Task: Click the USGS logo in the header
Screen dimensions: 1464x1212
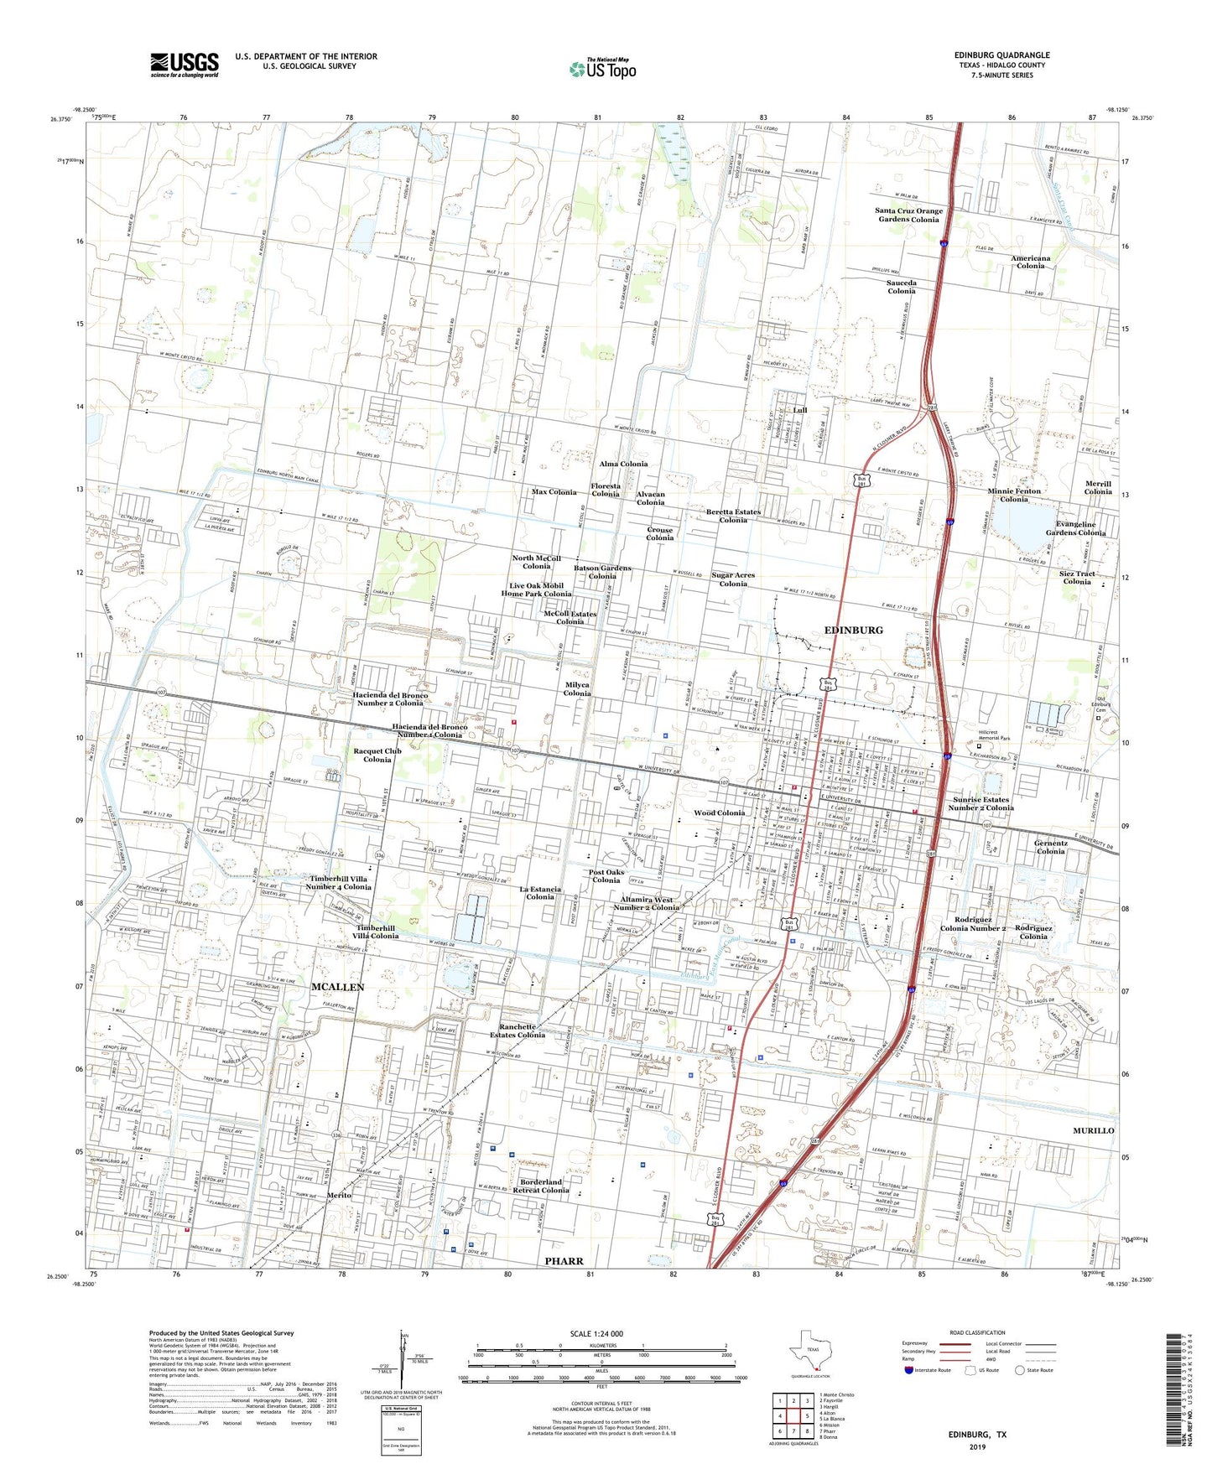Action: pyautogui.click(x=185, y=65)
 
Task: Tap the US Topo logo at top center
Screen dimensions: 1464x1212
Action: pyautogui.click(x=601, y=68)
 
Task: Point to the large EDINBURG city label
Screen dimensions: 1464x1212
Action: pyautogui.click(x=853, y=630)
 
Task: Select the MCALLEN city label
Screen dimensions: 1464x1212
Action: pyautogui.click(x=337, y=987)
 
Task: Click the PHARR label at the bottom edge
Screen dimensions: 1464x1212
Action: pyautogui.click(x=564, y=1261)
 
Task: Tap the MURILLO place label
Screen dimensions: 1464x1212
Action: pyautogui.click(x=1094, y=1130)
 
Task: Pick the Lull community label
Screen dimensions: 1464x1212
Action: pyautogui.click(x=799, y=410)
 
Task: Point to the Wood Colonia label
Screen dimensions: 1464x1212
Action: pyautogui.click(x=719, y=812)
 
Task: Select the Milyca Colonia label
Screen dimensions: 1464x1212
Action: pyautogui.click(x=576, y=689)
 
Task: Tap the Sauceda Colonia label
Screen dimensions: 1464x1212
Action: pyautogui.click(x=901, y=287)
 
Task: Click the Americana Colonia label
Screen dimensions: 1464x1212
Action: pyautogui.click(x=1030, y=262)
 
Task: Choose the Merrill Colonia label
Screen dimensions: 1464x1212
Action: pyautogui.click(x=1097, y=488)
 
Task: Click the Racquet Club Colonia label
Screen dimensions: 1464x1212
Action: pyautogui.click(x=377, y=755)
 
